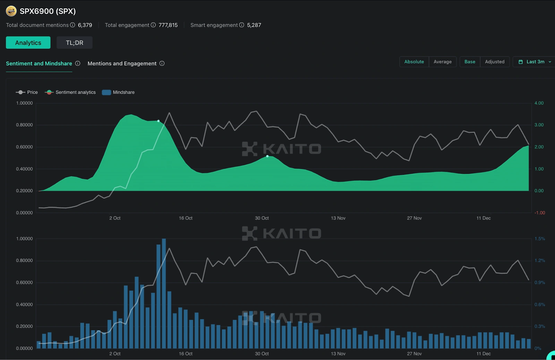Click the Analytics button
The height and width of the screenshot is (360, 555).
[28, 43]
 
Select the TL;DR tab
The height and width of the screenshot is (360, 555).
[75, 43]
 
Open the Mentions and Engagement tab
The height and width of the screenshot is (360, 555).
[122, 63]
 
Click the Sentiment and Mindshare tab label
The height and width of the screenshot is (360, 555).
[39, 63]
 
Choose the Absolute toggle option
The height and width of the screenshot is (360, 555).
[414, 62]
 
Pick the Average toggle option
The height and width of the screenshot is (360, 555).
[442, 62]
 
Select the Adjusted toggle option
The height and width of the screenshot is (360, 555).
[494, 62]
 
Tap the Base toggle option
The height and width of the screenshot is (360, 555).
[470, 62]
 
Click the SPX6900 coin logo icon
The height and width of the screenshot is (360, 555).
[11, 11]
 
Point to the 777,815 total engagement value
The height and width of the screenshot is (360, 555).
[168, 25]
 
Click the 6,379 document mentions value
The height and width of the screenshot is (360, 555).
[85, 25]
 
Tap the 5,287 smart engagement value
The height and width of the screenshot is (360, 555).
[254, 25]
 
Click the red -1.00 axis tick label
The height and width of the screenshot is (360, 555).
[539, 213]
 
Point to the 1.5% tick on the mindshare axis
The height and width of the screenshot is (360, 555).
[539, 239]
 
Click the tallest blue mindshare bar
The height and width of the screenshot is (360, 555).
[164, 293]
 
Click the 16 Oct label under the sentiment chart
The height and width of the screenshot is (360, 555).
[186, 218]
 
